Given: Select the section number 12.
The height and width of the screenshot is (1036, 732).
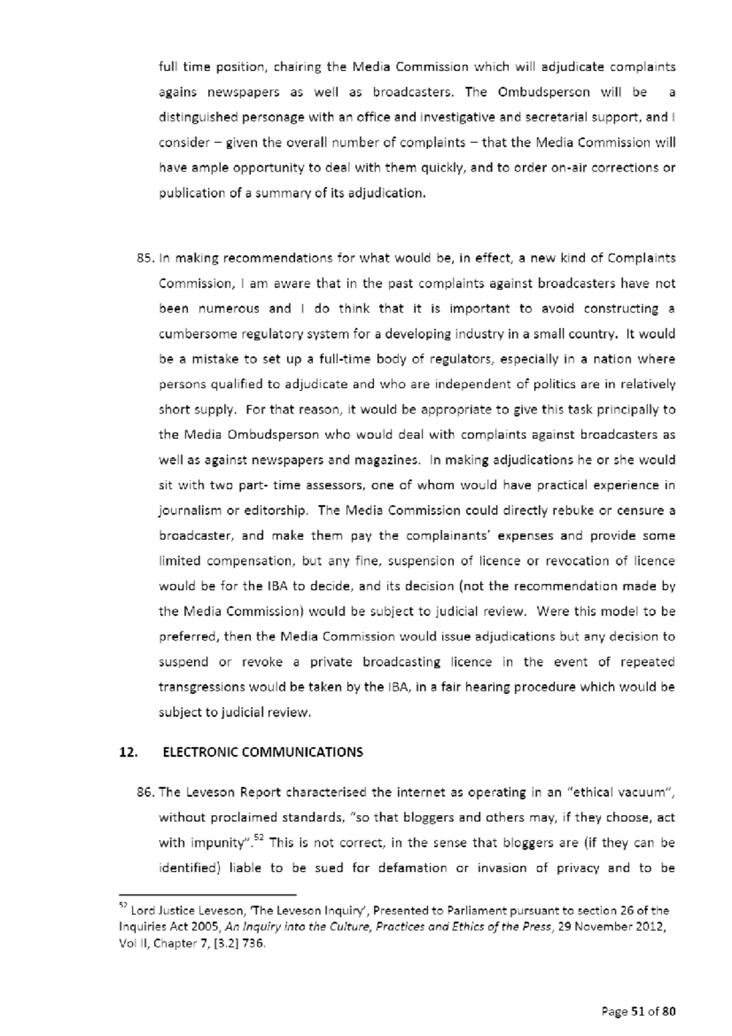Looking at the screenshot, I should pos(128,752).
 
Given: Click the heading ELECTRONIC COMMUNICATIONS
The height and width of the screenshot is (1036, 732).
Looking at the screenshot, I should pos(263,752).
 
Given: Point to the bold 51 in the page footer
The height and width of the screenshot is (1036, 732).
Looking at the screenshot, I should pos(637,1012).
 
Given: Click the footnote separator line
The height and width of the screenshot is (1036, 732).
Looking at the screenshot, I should pos(207,894).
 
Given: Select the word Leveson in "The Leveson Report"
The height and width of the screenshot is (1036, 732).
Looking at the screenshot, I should pos(210,793).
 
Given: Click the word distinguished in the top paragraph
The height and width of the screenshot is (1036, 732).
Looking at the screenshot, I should pos(196,117).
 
